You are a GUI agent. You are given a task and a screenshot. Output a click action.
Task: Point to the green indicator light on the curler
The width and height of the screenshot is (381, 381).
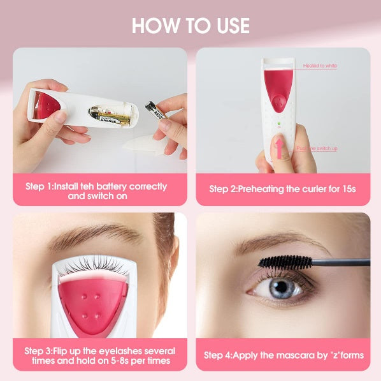pyautogui.click(x=278, y=124)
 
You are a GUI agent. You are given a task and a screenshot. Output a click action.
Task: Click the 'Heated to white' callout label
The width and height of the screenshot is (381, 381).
pyautogui.click(x=320, y=66)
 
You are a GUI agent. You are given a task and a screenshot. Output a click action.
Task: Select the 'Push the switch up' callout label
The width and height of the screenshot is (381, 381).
pyautogui.click(x=317, y=148)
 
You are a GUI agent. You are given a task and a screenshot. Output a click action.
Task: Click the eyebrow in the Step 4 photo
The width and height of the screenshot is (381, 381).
pyautogui.click(x=268, y=245)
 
